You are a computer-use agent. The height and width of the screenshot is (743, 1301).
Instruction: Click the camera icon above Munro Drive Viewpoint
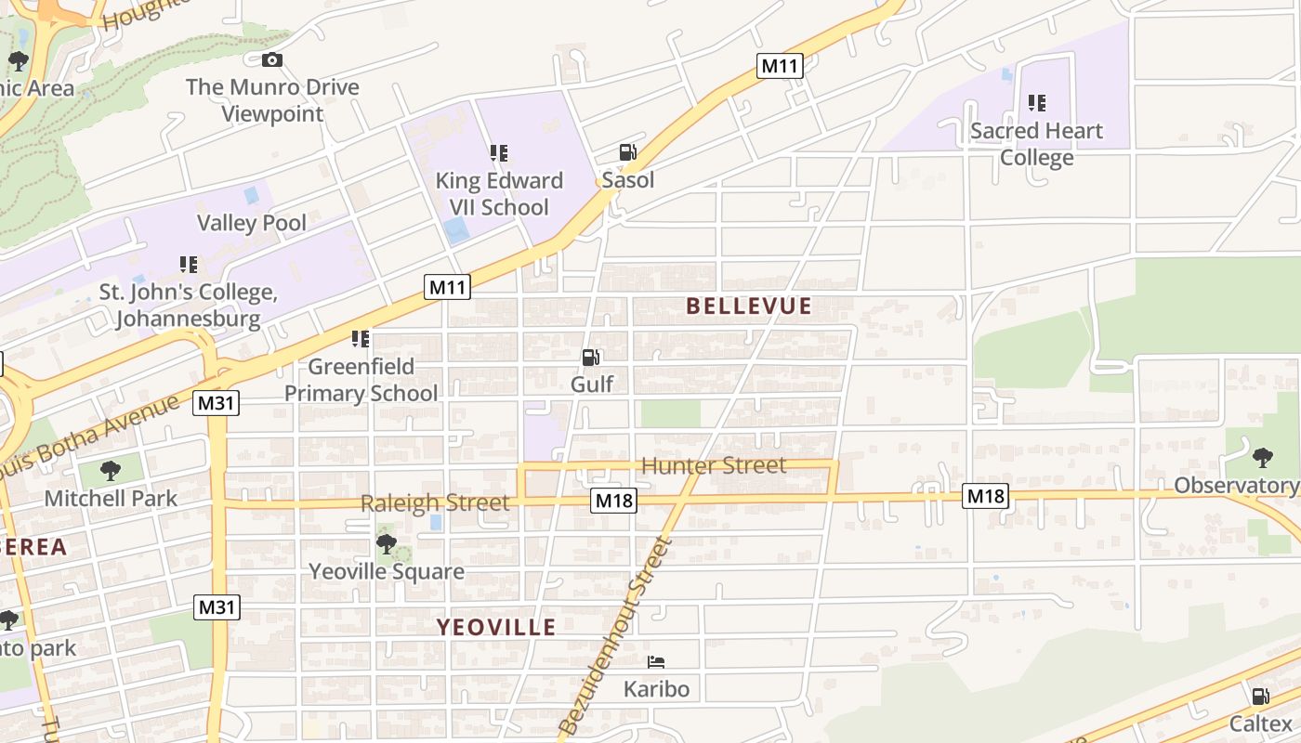click(271, 60)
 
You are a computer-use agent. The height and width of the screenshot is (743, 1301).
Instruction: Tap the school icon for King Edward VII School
click(499, 152)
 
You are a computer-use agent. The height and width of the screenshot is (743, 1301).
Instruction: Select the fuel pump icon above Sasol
click(628, 152)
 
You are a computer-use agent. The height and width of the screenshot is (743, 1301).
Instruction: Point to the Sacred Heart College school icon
click(1037, 103)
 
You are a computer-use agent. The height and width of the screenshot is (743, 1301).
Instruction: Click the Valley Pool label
click(251, 223)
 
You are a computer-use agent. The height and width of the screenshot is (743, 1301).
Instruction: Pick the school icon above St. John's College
click(189, 265)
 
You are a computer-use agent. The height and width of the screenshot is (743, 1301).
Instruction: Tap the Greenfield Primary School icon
click(361, 339)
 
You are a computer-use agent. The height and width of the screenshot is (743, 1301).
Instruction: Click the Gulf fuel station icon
click(590, 357)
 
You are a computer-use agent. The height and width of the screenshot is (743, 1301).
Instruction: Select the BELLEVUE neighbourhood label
click(749, 306)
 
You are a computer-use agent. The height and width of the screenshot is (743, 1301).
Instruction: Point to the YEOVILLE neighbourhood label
click(496, 627)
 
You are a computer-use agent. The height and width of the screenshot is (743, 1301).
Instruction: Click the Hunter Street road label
click(714, 465)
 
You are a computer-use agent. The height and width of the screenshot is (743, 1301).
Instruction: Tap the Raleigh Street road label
click(435, 503)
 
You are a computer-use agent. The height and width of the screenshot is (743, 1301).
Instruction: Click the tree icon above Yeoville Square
click(386, 544)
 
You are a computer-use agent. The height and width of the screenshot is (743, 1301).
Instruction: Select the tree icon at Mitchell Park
click(111, 471)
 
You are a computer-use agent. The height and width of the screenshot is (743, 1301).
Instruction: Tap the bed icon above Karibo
click(656, 662)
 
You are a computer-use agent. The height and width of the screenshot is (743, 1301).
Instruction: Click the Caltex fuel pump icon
click(1260, 697)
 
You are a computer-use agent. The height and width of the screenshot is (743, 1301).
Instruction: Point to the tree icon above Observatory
click(1262, 457)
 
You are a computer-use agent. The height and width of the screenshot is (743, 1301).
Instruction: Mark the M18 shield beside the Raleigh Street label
click(613, 502)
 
